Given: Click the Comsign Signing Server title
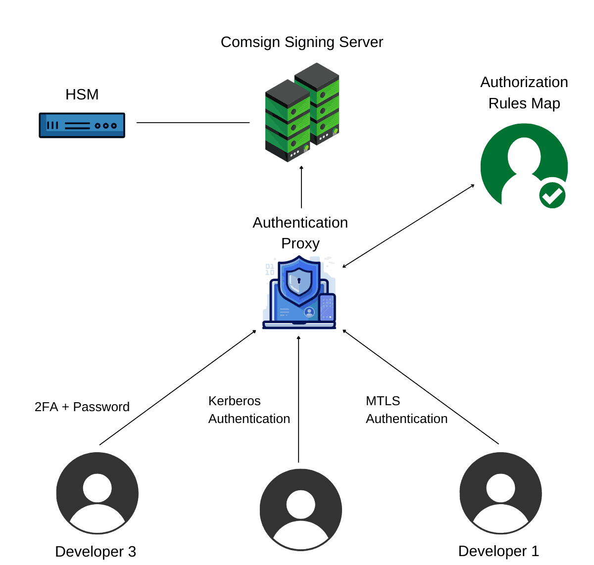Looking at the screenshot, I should pos(301,42).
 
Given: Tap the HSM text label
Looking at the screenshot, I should pos(82,94).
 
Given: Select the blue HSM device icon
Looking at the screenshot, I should pos(82,125).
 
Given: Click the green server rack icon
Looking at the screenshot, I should pos(301,113).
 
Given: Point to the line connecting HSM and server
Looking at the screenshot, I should pos(193,122).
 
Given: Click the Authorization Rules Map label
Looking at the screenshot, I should pos(524,93).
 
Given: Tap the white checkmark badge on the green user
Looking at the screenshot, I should pos(552,195).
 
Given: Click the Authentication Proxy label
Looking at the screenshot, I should pos(300,233).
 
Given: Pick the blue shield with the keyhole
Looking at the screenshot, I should pos(299,280).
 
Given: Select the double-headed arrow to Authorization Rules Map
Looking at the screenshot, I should pos(408,226).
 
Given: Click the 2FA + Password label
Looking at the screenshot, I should pos(82,407).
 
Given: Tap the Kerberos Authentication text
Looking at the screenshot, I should pos(249,410).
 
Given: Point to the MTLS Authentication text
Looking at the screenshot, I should pos(406,410).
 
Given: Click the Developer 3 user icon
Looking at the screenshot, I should pos(98,493).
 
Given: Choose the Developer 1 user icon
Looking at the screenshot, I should pos(500,493).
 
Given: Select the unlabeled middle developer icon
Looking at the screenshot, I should pos(300,510).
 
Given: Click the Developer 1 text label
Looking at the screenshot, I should pos(498,551).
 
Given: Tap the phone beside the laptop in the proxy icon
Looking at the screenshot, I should pos(327,307).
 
